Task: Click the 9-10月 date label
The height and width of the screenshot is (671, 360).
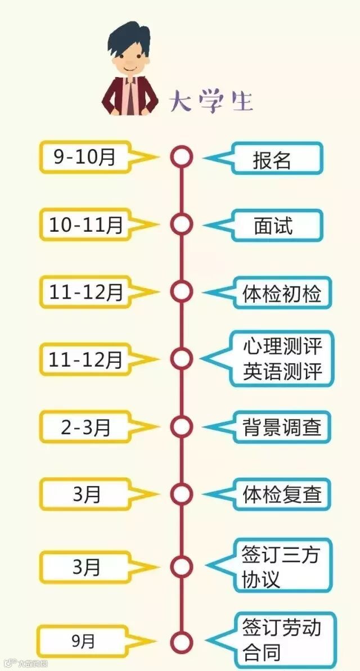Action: (x=84, y=157)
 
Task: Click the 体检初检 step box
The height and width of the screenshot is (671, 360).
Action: (x=282, y=293)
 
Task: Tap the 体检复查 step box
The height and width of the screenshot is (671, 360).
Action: (x=282, y=494)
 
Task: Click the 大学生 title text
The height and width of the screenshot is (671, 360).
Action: (x=211, y=101)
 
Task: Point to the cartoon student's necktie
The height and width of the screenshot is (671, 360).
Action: (x=130, y=96)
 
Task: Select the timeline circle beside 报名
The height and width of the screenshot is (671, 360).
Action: (x=181, y=157)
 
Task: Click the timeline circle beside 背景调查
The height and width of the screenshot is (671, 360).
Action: (x=181, y=426)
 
